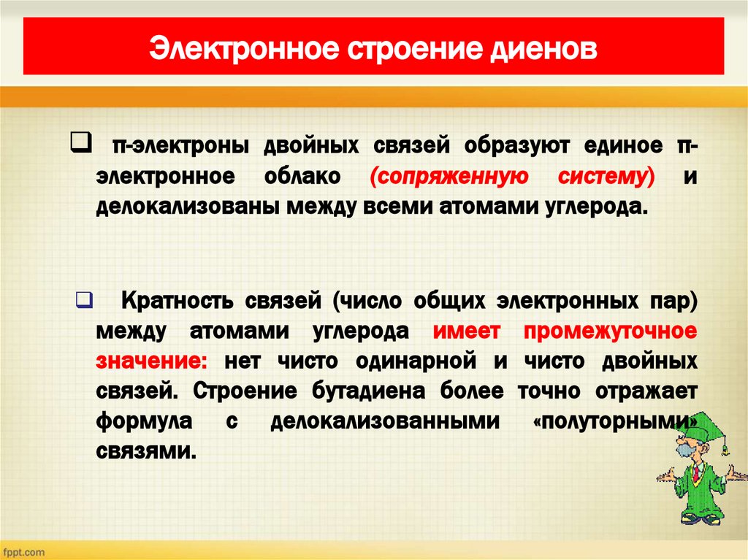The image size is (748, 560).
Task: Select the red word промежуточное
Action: pos(610,331)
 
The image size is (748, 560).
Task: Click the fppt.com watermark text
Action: pos(23,552)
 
